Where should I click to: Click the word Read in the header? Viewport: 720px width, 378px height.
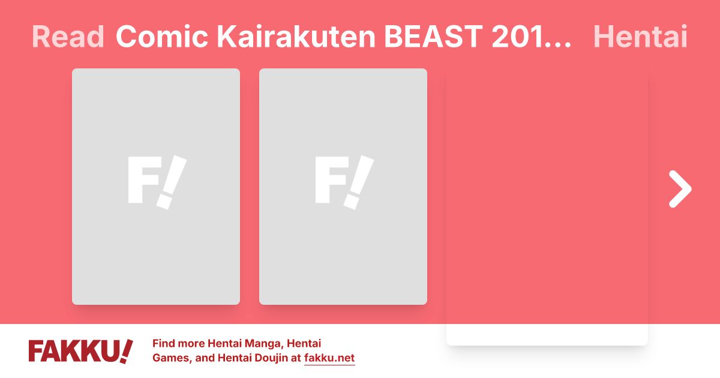pos(68,37)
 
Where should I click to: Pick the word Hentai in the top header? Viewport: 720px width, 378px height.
pos(640,37)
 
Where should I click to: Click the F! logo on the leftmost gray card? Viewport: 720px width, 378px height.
pos(157,182)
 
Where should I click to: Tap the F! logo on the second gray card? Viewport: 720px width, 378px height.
pos(344,182)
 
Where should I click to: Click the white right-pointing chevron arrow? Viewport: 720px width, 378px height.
pos(680,189)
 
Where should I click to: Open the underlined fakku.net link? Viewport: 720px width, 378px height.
pos(329,359)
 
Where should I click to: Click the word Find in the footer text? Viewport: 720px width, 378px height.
pos(166,344)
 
